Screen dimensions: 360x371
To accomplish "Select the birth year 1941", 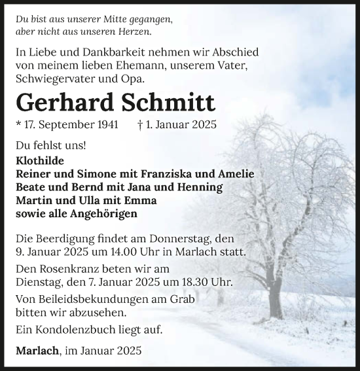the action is (x=105, y=124).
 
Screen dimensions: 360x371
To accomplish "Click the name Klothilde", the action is (x=41, y=160).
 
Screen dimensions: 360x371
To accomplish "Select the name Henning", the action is (x=199, y=187).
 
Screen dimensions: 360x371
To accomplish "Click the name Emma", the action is (x=136, y=200).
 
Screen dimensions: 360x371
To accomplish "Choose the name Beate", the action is (x=31, y=187).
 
